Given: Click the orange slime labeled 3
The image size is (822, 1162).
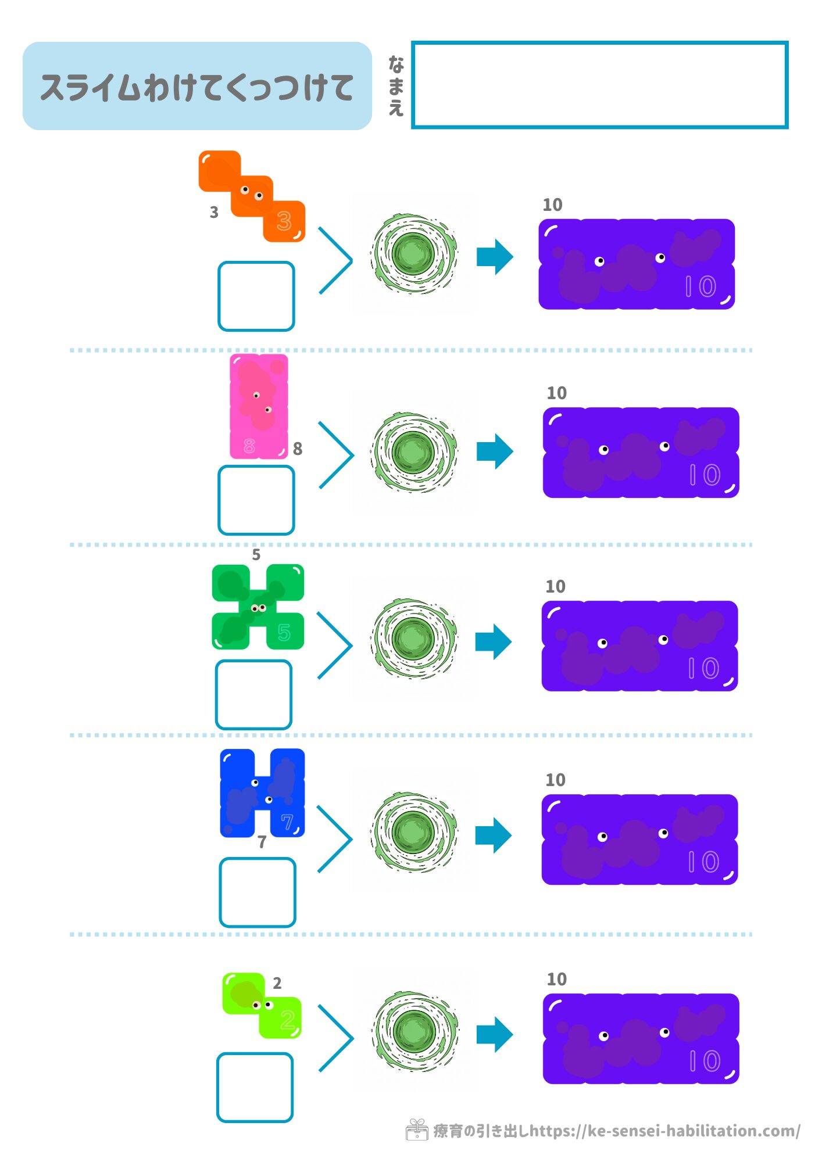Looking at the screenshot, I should (x=252, y=196).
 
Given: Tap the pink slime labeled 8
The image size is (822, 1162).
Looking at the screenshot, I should (x=259, y=407).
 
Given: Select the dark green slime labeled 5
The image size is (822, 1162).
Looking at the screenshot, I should (x=258, y=607).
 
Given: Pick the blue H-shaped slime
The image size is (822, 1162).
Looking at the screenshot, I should (x=262, y=793).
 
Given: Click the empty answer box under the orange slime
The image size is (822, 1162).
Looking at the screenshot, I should (x=256, y=296).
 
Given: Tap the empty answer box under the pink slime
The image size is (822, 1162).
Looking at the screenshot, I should (x=256, y=500).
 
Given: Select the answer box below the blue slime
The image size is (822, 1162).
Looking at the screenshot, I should (x=258, y=892).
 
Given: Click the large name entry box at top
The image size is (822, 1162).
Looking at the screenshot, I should (x=599, y=85).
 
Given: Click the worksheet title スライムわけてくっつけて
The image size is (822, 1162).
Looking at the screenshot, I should (x=197, y=87).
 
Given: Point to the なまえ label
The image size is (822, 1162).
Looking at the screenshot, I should (x=396, y=86).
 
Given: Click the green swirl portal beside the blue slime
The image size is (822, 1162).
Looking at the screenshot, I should (x=414, y=832).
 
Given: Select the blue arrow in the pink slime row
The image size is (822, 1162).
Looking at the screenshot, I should (x=495, y=451).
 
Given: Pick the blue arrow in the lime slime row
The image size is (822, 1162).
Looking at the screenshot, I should (x=495, y=1034).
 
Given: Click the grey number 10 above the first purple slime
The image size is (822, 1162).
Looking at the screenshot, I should (x=552, y=205).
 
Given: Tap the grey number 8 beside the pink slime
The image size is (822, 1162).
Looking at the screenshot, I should (x=298, y=449).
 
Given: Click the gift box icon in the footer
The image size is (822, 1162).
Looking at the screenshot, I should (x=416, y=1130).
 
